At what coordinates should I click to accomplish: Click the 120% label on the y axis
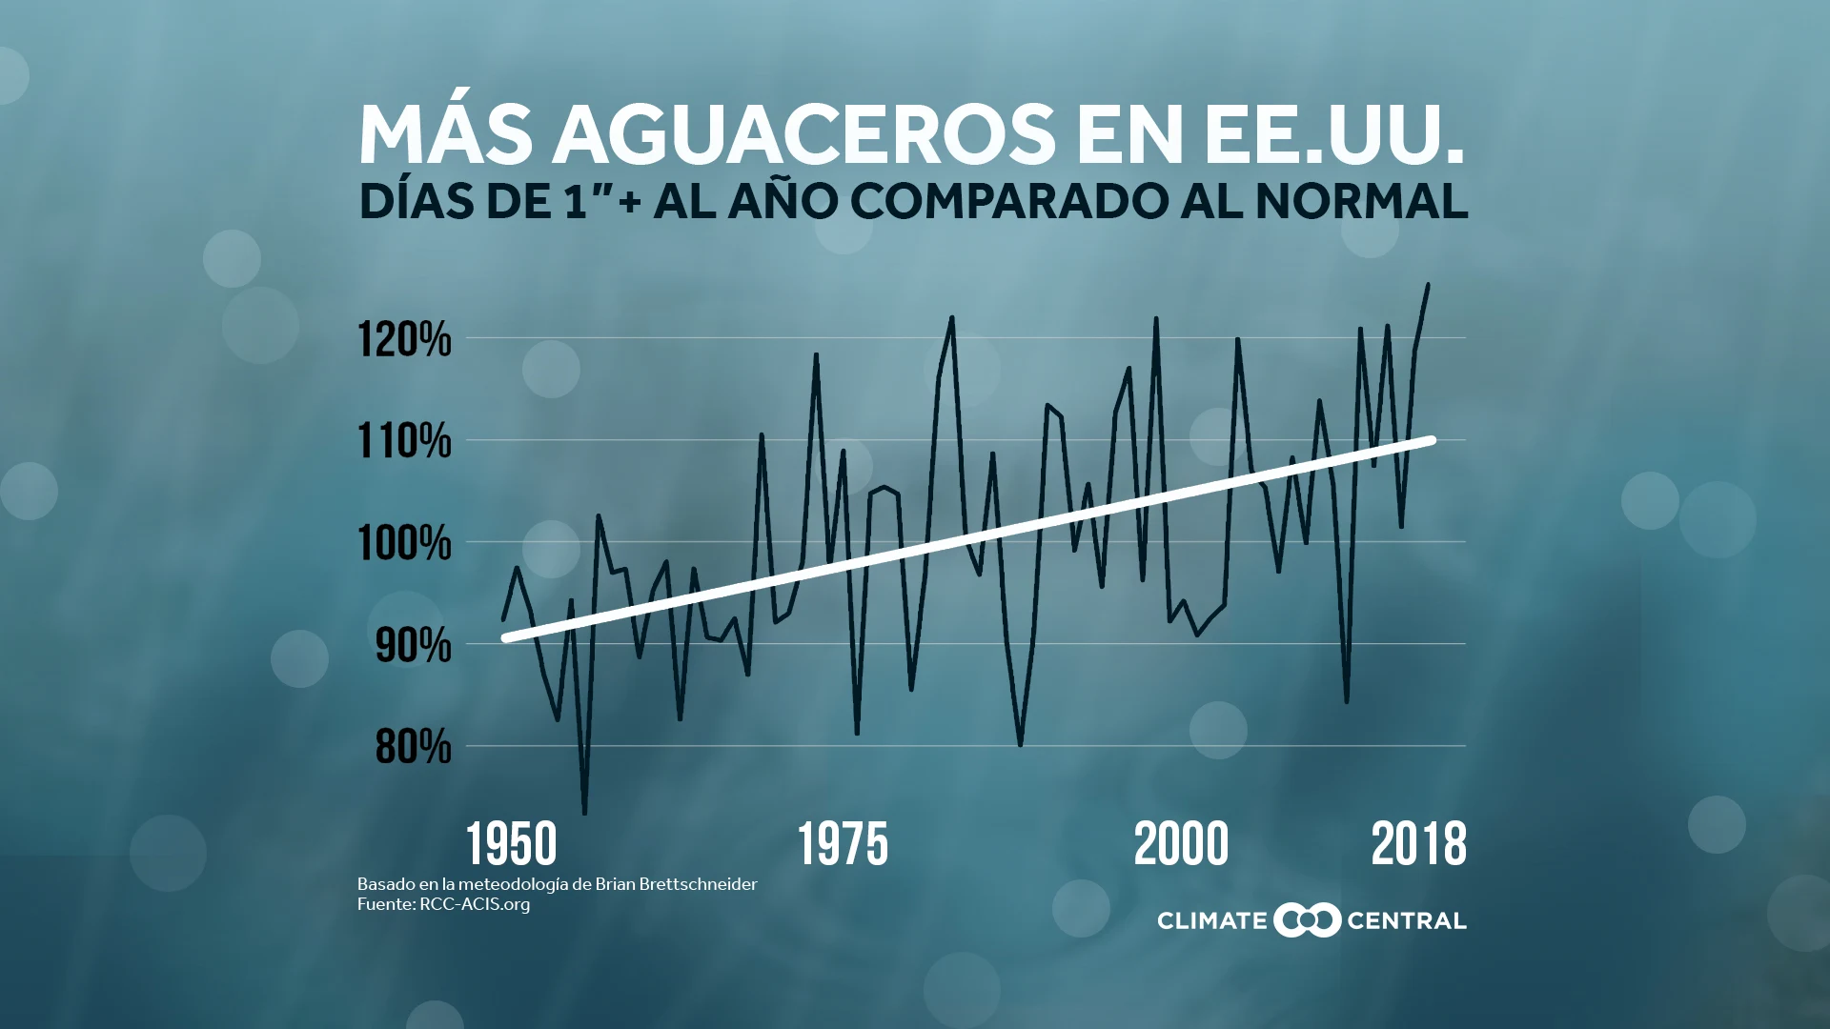tap(404, 339)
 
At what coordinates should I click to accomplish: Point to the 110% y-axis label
tap(404, 441)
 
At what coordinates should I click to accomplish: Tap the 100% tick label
tap(404, 543)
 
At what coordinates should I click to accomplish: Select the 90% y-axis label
tap(413, 645)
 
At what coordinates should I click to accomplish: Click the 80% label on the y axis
tap(413, 747)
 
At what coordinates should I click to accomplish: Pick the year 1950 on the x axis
tap(512, 844)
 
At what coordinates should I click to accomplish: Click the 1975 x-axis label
tap(843, 844)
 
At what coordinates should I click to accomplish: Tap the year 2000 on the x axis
tap(1182, 844)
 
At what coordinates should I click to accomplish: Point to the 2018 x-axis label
tap(1419, 844)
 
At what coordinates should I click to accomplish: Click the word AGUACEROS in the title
tap(803, 134)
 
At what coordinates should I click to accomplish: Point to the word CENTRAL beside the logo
tap(1407, 921)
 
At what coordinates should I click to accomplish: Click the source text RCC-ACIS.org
tap(475, 904)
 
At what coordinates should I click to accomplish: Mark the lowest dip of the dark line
tap(584, 813)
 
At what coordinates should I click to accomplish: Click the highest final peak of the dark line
tap(1428, 284)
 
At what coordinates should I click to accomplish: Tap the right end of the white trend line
tap(1432, 440)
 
